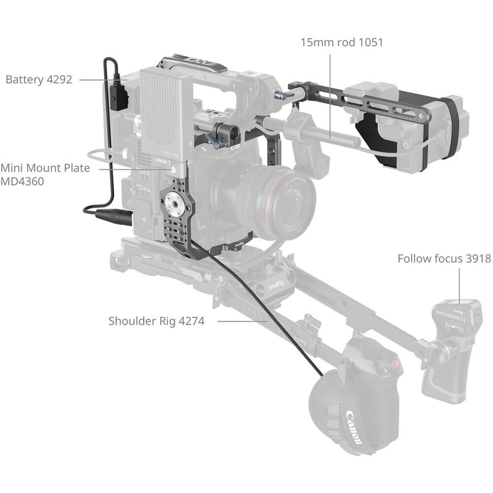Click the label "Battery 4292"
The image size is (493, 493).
[39, 79]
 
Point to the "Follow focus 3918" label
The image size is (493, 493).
[444, 258]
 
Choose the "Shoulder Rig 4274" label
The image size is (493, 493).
[156, 320]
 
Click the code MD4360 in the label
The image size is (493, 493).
[22, 182]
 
